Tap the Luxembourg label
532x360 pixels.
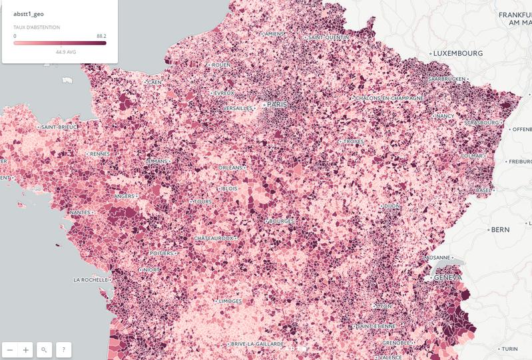459,53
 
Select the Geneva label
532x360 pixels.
447,277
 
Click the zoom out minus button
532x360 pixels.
10,349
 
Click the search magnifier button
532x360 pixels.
45,349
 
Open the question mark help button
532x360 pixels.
64,349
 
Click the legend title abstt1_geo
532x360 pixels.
28,13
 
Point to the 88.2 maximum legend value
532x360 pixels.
101,36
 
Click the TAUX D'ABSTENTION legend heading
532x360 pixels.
37,27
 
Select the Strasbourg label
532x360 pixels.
481,123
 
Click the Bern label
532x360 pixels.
500,230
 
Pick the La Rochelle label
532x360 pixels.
91,280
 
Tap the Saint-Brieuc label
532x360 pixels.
59,126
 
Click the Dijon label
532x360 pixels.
392,206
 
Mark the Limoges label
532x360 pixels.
230,301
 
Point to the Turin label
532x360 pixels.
509,349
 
